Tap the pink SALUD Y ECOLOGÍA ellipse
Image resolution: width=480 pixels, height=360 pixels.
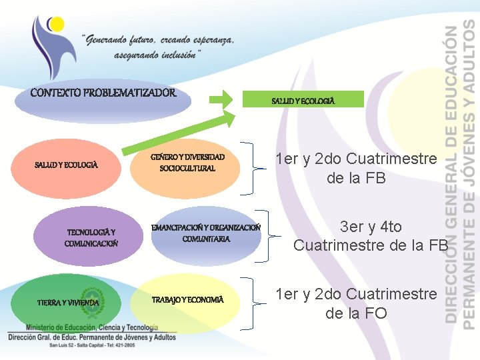(x=67, y=164)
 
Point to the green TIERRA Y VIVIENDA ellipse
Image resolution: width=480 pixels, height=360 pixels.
(x=67, y=302)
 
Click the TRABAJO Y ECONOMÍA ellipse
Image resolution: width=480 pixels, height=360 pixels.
(x=187, y=300)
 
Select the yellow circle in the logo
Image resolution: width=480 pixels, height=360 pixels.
(x=56, y=25)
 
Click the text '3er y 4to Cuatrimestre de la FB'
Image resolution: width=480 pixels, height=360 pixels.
(x=371, y=236)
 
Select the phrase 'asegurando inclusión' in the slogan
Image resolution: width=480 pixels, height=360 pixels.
(x=157, y=55)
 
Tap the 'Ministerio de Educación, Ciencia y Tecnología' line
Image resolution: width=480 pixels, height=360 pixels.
(x=92, y=327)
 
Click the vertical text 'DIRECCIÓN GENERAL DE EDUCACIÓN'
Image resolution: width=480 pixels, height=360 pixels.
(x=453, y=173)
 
